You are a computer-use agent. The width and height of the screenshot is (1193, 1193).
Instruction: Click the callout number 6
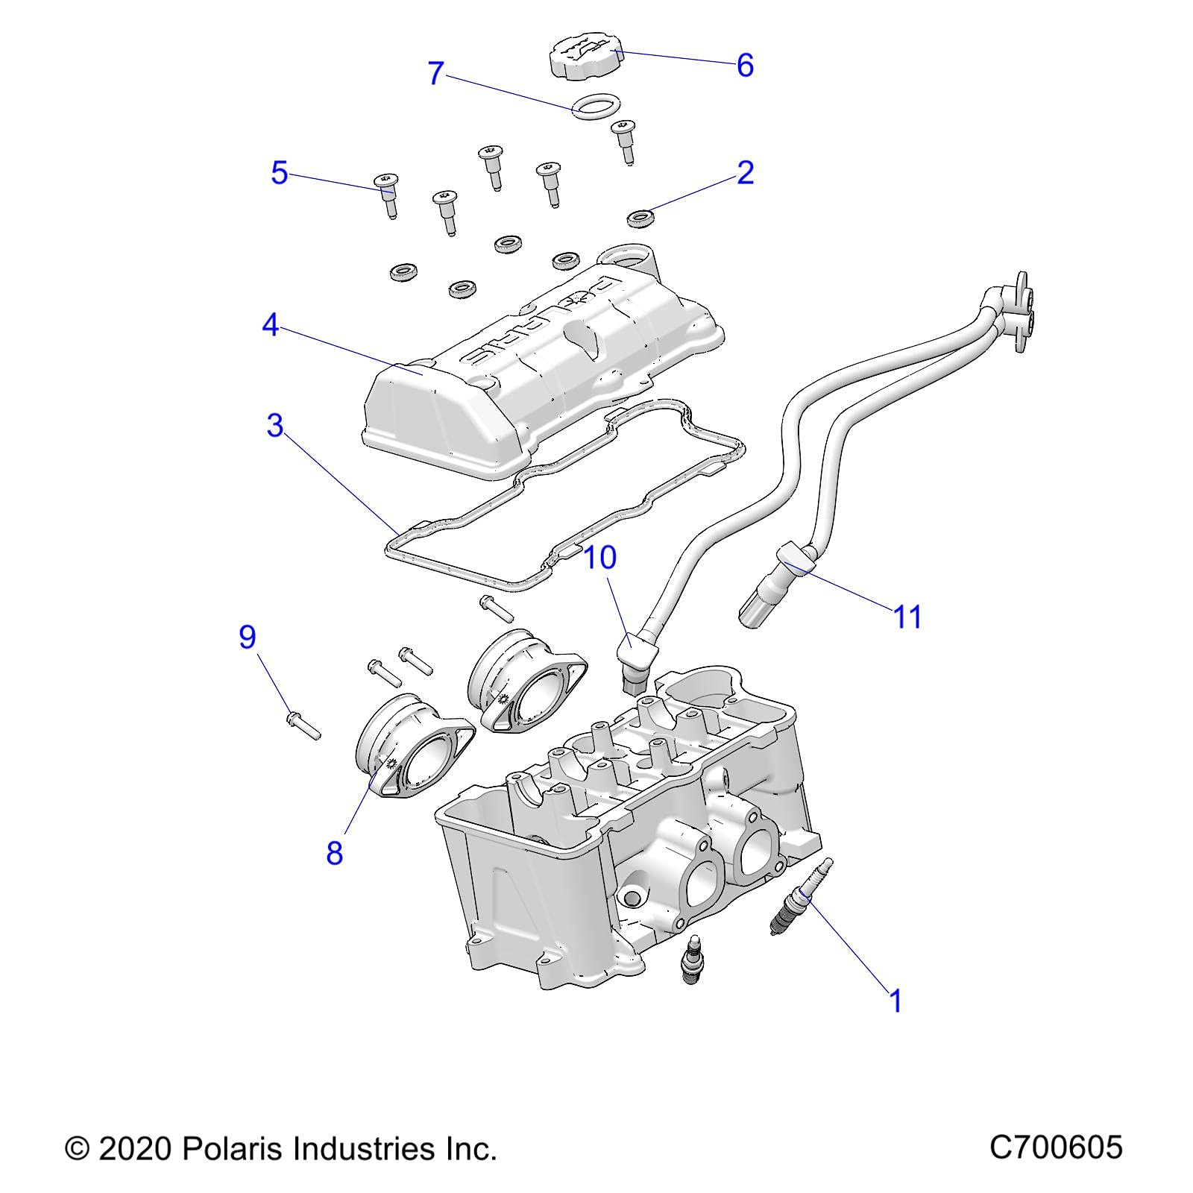click(x=745, y=66)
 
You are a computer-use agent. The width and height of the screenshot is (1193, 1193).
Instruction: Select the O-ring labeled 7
click(x=595, y=105)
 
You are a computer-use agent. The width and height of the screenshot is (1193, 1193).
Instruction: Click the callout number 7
click(x=436, y=73)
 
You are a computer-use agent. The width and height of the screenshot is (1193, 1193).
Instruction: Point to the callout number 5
click(x=279, y=173)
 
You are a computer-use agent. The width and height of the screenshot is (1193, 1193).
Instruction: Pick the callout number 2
click(x=745, y=173)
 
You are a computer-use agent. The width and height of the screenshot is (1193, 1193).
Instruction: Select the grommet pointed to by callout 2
click(x=640, y=218)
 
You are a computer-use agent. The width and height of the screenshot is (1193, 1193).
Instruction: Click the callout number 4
click(x=270, y=325)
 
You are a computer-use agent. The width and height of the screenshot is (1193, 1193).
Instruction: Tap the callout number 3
click(x=275, y=425)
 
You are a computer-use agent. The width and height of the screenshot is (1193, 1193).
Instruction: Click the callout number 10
click(x=599, y=557)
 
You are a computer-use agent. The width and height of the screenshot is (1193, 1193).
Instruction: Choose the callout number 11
click(x=907, y=617)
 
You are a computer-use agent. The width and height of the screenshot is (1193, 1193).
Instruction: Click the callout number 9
click(x=248, y=637)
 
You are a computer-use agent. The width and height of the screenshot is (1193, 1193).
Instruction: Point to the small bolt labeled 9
click(x=303, y=725)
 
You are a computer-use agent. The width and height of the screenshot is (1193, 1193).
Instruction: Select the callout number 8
click(x=334, y=853)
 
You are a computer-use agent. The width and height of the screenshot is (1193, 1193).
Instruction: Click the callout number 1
click(x=896, y=1001)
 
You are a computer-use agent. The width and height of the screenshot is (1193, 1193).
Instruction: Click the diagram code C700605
click(x=1055, y=1147)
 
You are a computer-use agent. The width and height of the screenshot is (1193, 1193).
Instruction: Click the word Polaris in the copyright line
click(x=230, y=1149)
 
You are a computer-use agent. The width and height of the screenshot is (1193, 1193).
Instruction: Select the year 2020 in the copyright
click(x=135, y=1149)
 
